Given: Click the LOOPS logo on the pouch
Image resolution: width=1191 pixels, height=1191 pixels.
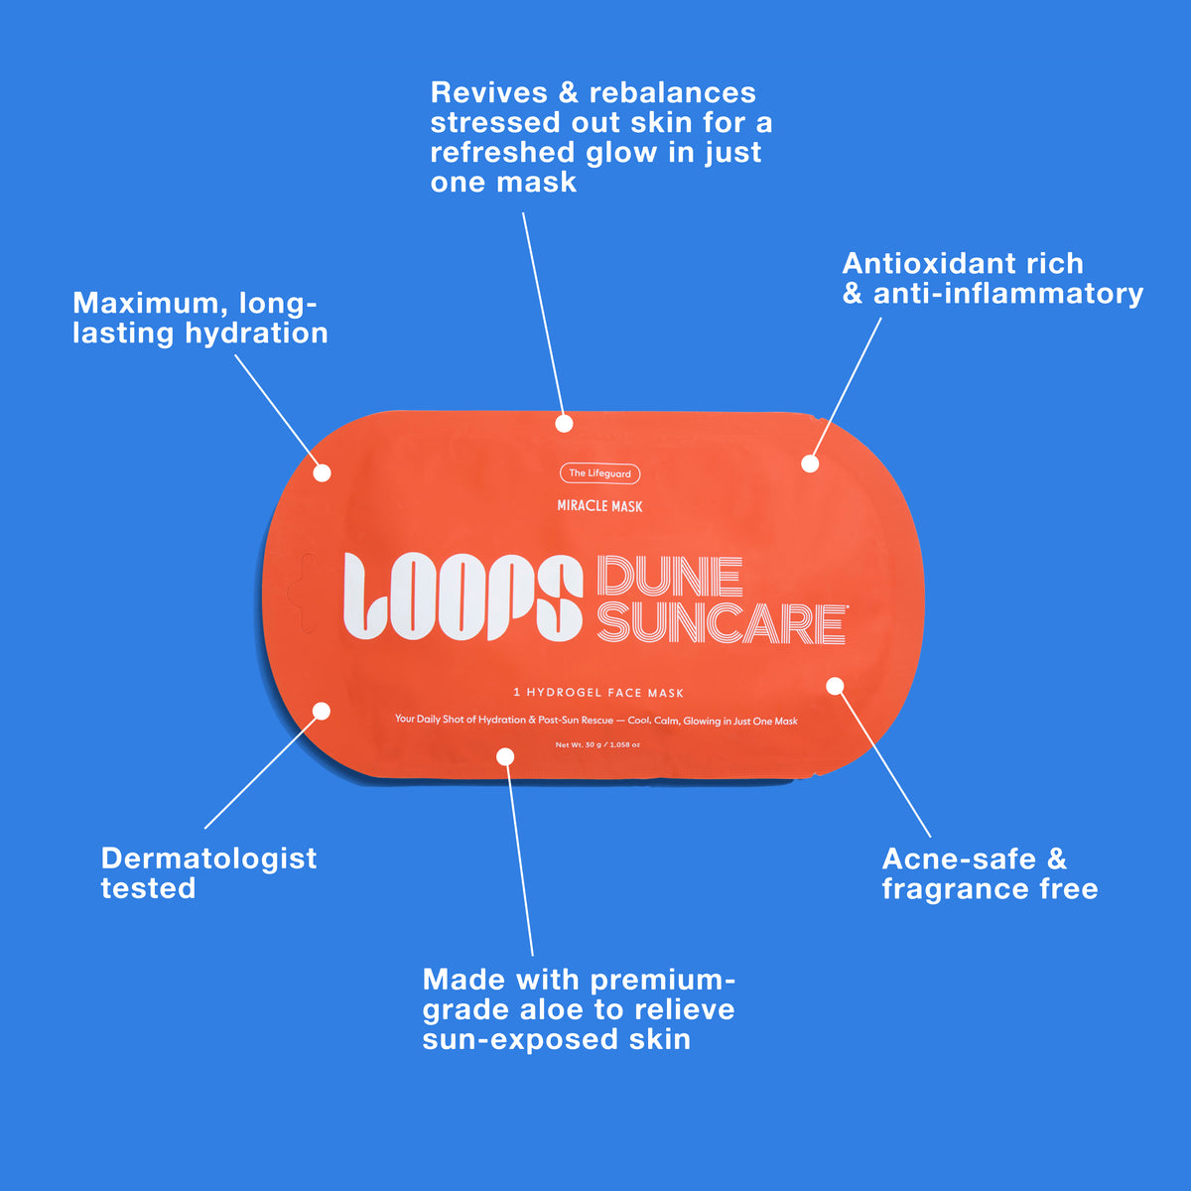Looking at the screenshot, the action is coord(463,596).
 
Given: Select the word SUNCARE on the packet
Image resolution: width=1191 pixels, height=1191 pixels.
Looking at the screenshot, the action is coord(722,623).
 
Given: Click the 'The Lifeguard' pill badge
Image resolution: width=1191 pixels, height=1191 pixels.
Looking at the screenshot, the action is coord(599,473).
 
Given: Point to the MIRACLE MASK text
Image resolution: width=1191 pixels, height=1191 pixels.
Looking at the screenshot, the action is coord(599,506).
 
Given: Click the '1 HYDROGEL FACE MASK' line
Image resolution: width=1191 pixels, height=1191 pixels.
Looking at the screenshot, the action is coord(598,693).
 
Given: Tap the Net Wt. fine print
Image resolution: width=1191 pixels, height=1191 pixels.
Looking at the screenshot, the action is coord(597,744).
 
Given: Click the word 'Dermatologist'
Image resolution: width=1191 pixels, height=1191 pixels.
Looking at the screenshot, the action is coord(208,860).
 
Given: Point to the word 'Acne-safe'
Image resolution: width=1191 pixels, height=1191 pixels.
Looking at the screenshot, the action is coord(959,860).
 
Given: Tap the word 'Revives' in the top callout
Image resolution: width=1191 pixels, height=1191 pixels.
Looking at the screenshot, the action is coord(489,92).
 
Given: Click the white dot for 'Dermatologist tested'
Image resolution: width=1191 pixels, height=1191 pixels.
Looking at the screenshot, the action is coord(322,712).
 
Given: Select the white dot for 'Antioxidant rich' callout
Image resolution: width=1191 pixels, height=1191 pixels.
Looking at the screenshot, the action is coord(810,463).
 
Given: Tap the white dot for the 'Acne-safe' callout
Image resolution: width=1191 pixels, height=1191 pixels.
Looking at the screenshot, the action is coord(835,686).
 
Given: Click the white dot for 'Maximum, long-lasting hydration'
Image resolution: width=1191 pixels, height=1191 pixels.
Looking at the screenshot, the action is coord(322,473).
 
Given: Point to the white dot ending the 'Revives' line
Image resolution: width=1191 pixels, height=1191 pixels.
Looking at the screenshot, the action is coord(564,424).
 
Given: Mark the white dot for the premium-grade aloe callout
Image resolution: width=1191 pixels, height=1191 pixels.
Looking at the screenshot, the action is coord(505,756).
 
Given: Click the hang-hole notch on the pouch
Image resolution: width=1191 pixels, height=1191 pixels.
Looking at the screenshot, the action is coord(305,594).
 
